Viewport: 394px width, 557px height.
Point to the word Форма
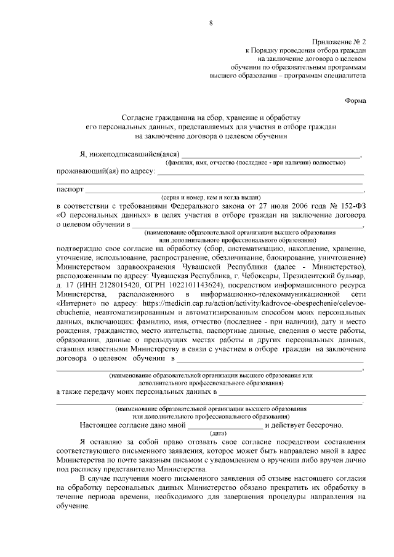click(x=355, y=100)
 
